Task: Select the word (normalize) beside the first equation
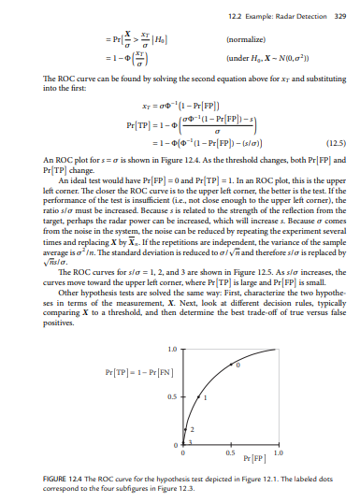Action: coord(218,41)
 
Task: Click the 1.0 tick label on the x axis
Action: coord(278,452)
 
